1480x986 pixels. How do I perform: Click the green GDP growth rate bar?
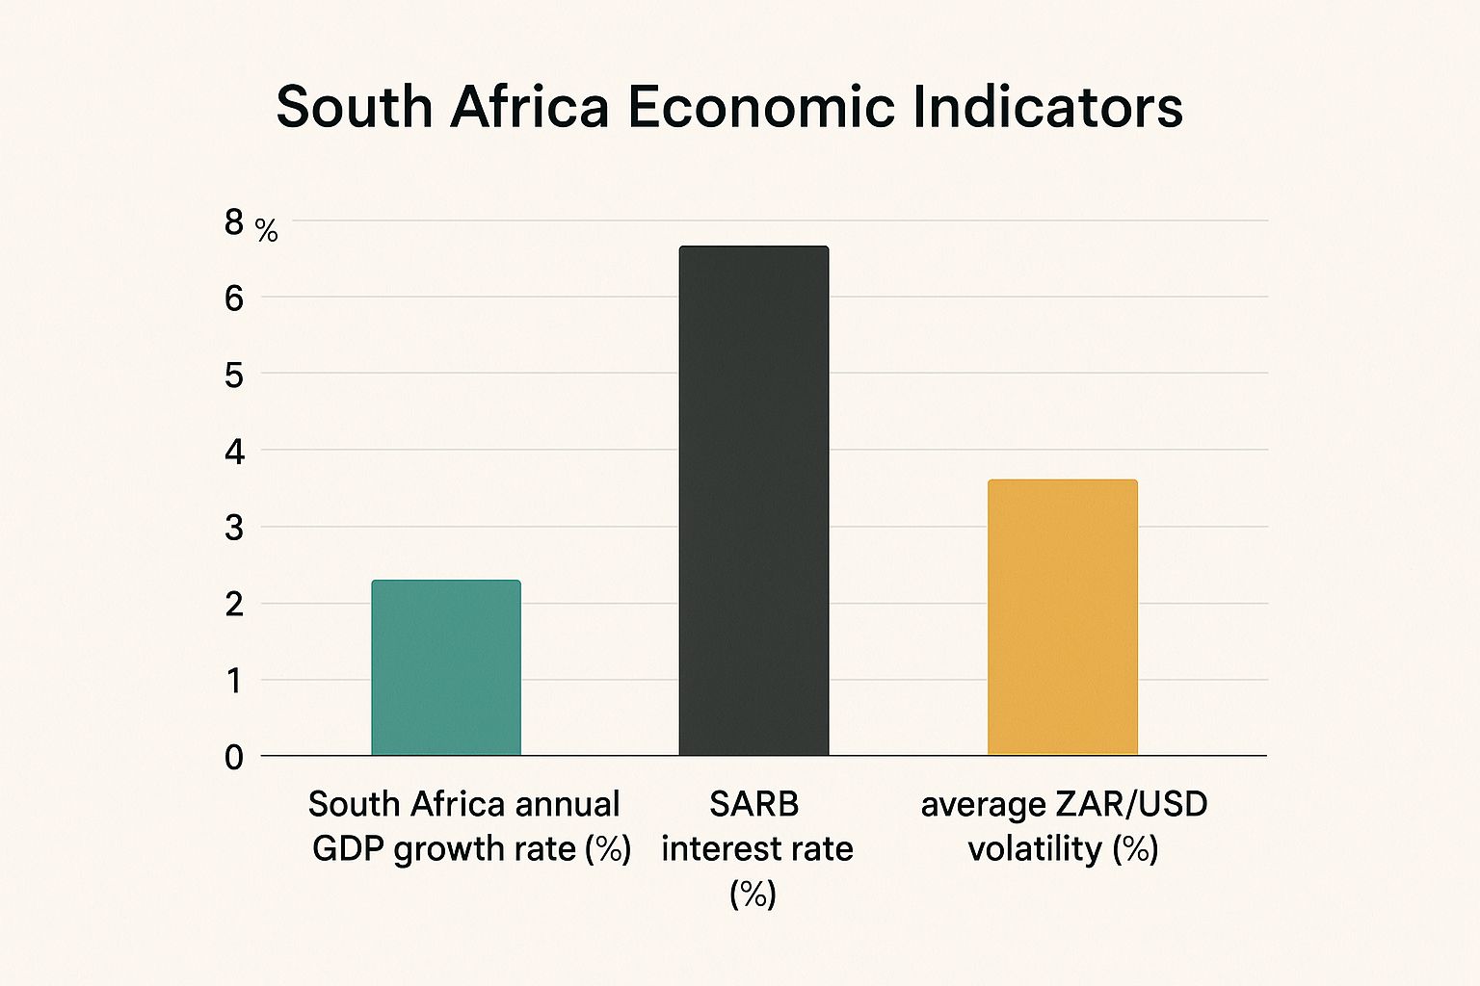(x=446, y=667)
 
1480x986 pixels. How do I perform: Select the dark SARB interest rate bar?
(x=753, y=501)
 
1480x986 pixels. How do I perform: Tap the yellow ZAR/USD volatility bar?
(x=1063, y=617)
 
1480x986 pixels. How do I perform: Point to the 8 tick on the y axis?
(x=234, y=222)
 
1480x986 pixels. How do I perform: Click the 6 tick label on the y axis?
(x=234, y=298)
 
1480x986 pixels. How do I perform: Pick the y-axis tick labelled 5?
(x=234, y=375)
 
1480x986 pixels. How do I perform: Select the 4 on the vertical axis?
(x=234, y=451)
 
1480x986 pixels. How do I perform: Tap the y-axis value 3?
(x=234, y=528)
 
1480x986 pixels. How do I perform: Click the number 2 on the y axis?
(x=234, y=604)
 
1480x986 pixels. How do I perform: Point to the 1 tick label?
(x=234, y=681)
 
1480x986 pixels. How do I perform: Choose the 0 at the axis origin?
(x=234, y=757)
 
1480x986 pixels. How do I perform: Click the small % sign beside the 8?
(x=267, y=231)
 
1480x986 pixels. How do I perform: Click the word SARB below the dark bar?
(x=754, y=804)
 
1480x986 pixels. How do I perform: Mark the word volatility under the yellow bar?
(x=1035, y=848)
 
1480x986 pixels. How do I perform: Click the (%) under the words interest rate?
(x=753, y=894)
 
